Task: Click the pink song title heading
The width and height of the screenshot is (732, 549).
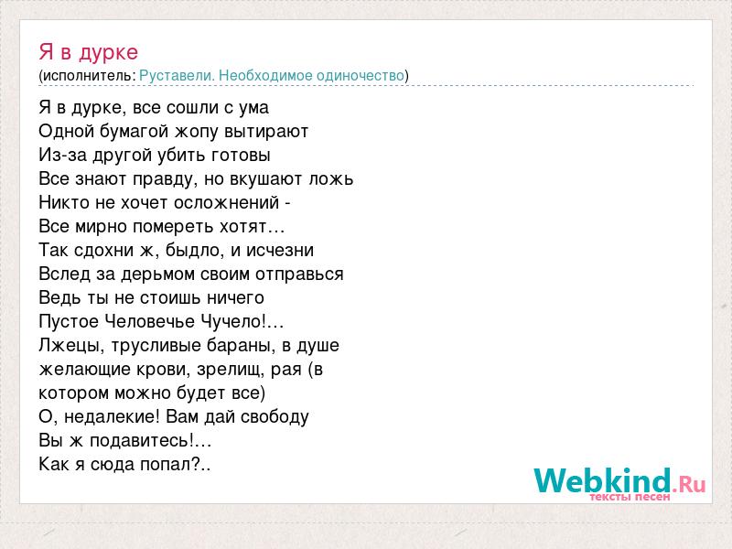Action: click(x=88, y=52)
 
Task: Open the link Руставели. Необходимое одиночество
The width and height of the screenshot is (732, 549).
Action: click(x=272, y=76)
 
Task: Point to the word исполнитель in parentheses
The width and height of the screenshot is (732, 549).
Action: click(x=88, y=76)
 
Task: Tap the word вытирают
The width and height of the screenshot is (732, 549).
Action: click(x=266, y=132)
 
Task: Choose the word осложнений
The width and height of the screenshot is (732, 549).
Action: click(x=226, y=202)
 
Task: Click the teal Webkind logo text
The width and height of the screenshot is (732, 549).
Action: click(x=603, y=481)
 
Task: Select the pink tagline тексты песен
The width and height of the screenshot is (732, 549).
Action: click(x=630, y=497)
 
